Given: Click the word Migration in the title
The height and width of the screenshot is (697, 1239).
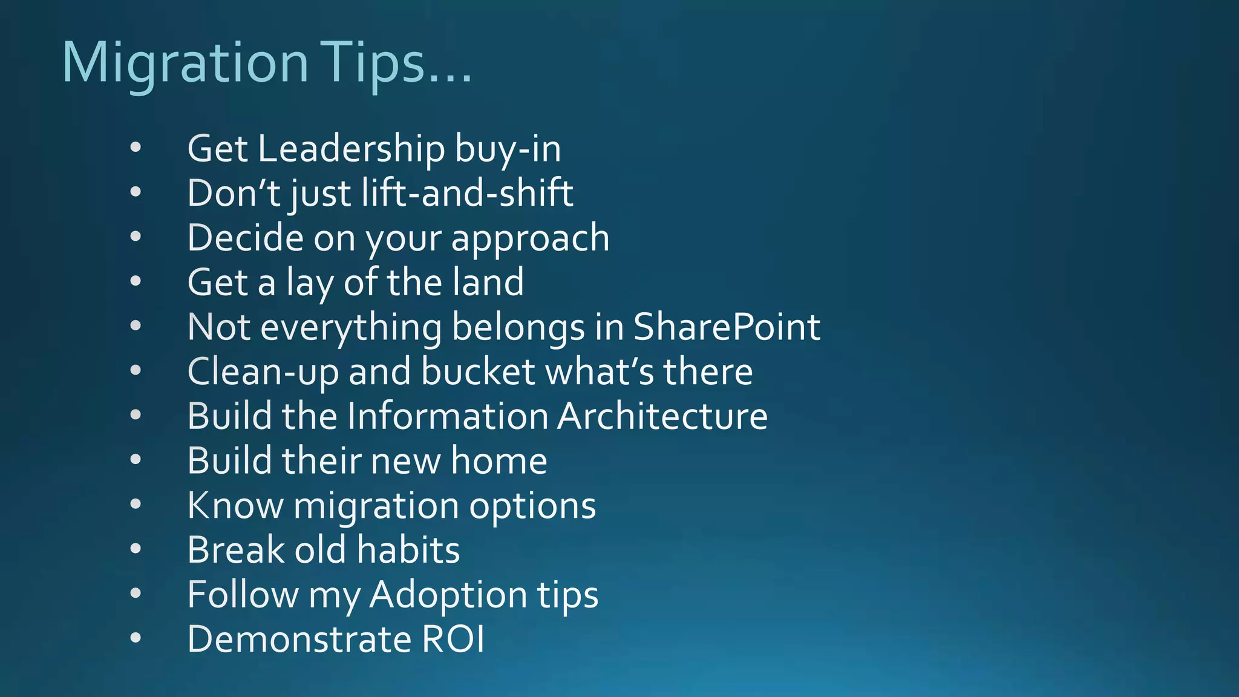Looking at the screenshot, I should [x=185, y=64].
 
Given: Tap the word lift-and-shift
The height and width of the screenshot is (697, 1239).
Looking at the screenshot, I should [x=467, y=194].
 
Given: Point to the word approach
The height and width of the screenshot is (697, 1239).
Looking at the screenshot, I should [x=530, y=238].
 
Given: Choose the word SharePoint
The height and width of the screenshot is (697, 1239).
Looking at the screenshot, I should [x=727, y=327].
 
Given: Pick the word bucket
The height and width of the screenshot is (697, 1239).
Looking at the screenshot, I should [x=478, y=371].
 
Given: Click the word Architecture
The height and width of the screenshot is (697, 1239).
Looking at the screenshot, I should [x=662, y=416].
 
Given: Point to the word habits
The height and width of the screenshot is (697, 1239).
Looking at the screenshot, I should [x=408, y=550].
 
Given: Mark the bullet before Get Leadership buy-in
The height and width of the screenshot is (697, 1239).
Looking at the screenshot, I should [x=136, y=147].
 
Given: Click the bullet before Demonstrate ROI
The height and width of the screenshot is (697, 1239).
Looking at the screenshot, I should [x=136, y=638].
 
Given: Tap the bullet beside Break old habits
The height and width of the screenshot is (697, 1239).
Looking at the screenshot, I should [x=136, y=549].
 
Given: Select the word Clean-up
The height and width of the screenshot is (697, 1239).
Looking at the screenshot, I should [x=263, y=371].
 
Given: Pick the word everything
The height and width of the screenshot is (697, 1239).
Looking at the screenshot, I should [x=351, y=327].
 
